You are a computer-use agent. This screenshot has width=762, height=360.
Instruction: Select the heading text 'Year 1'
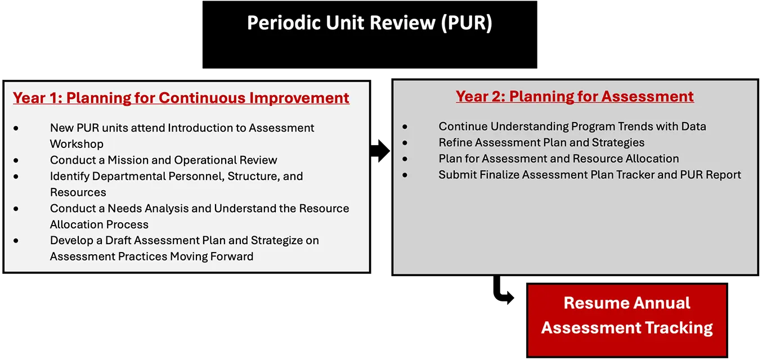(x=37, y=98)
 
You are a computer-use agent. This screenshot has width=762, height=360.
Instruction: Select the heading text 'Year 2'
(x=480, y=96)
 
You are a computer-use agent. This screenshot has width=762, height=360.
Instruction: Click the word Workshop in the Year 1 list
(x=77, y=144)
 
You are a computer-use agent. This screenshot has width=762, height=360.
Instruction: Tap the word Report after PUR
(x=722, y=174)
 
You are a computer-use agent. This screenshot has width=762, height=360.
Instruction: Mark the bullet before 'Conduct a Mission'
(x=16, y=161)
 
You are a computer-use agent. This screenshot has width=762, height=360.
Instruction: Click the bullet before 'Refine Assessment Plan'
(x=405, y=143)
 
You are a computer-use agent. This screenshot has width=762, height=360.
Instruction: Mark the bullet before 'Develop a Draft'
(x=16, y=241)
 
